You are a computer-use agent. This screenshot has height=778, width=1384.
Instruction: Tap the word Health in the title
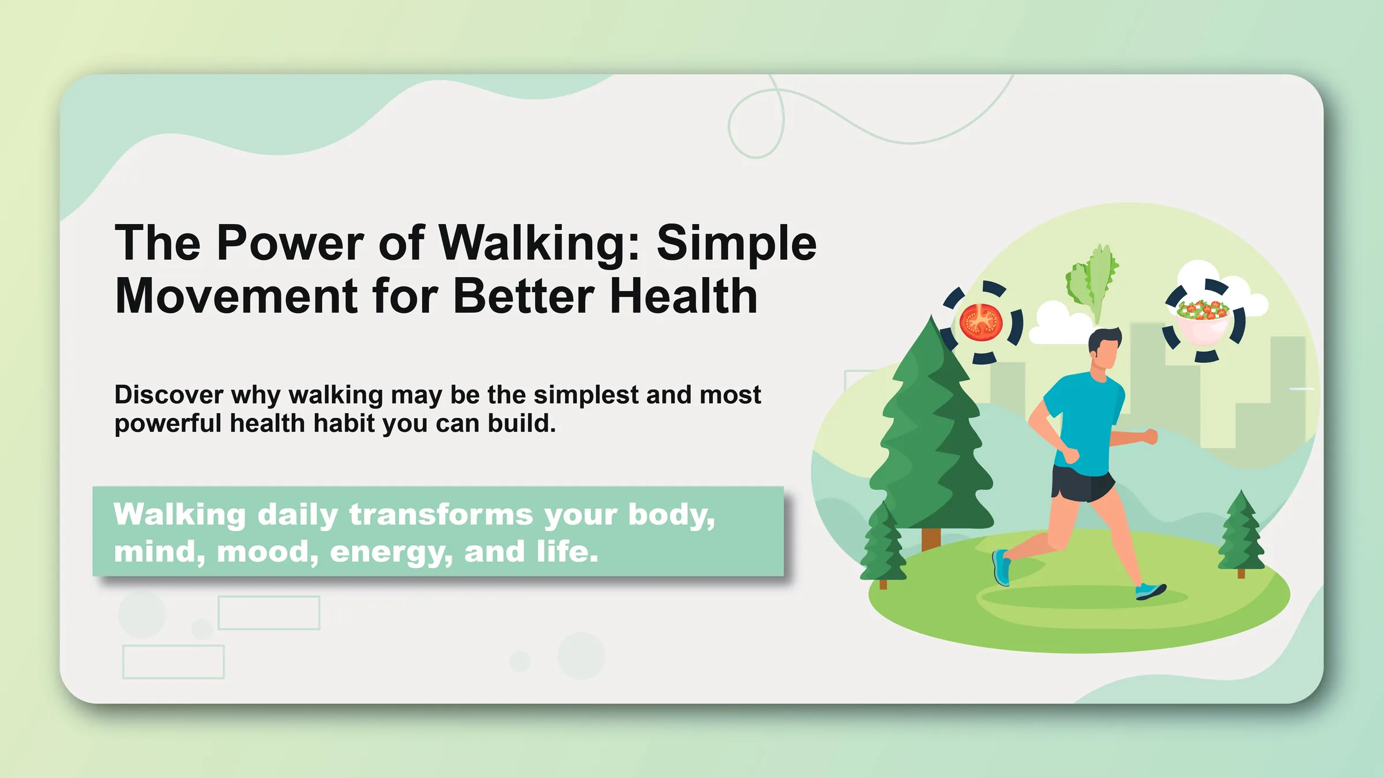click(683, 296)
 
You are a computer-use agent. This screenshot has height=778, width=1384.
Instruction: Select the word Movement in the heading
click(236, 296)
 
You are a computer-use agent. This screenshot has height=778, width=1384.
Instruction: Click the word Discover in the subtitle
click(168, 395)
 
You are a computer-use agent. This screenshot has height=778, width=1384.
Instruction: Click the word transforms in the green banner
click(441, 515)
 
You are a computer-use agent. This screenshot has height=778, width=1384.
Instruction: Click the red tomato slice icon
click(981, 323)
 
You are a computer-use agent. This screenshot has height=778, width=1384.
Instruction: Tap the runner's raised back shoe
click(1001, 568)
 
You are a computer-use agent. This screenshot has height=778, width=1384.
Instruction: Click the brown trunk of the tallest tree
click(931, 539)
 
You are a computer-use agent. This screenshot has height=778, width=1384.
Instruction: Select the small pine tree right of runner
click(1240, 533)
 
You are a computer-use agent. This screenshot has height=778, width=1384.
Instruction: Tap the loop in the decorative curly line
click(755, 124)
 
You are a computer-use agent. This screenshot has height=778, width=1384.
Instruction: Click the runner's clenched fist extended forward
click(1150, 436)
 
